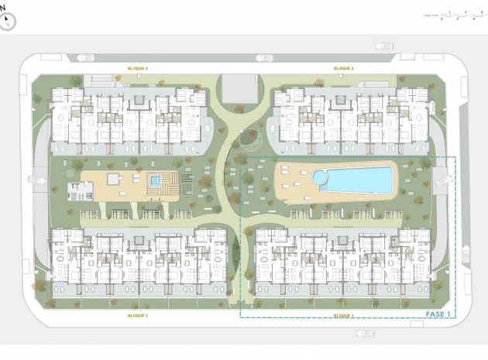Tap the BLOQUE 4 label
click(x=138, y=69)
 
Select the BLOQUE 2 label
click(x=343, y=69)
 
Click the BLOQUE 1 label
click(x=343, y=316)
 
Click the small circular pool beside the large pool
click(x=320, y=178)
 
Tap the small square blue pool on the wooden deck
click(x=155, y=180)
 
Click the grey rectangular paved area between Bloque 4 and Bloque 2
click(x=239, y=87)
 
